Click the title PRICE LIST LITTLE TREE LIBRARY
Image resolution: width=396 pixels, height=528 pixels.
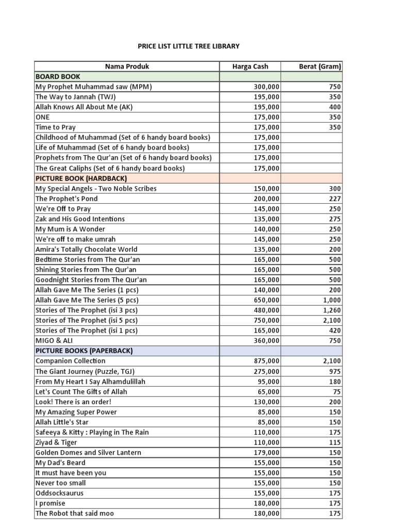coord(189,46)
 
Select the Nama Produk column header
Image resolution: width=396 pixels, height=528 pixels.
coord(127,66)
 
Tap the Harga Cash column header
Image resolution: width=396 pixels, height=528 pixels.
coord(250,66)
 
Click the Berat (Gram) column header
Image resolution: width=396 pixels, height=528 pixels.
coord(320,66)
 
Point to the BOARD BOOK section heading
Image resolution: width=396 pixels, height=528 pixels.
coord(58,76)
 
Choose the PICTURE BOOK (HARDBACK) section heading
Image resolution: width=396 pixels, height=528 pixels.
coord(81,178)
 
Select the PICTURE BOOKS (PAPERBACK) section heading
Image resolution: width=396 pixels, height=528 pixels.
coord(84,351)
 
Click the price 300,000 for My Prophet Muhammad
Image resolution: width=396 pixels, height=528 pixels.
coord(267,87)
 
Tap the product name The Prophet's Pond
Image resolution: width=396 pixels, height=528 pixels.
coord(67,199)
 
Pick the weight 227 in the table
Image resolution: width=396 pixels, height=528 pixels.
coord(335,199)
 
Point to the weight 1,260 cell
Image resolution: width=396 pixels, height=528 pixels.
coord(332,310)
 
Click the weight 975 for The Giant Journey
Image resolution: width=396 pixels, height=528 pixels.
coord(335,371)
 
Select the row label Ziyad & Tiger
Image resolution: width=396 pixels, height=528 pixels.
coord(56,442)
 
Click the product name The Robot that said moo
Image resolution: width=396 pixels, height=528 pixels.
coord(75,513)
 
